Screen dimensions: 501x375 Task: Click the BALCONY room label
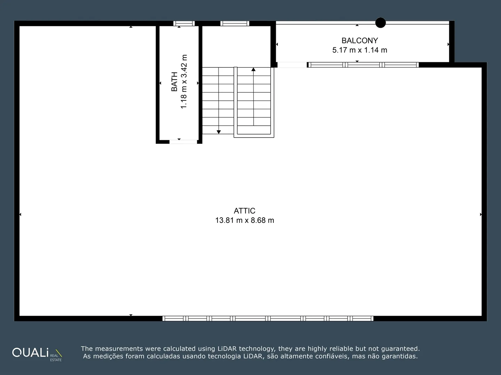(360, 41)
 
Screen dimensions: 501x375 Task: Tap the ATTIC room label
(245, 211)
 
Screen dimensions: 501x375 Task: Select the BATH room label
(174, 82)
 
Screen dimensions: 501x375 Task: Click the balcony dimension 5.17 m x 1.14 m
(360, 50)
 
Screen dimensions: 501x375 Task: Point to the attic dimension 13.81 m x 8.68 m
(245, 220)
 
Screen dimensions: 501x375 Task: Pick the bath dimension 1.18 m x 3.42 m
(184, 82)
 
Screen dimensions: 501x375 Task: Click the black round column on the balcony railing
(381, 23)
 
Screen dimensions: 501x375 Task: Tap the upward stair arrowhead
(253, 69)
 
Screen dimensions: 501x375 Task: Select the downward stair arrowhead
(218, 132)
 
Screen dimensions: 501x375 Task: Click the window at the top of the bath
(184, 23)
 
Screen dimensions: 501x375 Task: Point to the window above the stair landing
(234, 23)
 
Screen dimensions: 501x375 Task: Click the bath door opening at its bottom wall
(183, 142)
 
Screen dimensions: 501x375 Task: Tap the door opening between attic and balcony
(292, 65)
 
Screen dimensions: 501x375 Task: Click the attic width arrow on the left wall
(20, 215)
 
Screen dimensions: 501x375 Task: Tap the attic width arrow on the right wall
(481, 215)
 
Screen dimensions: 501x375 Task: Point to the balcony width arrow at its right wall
(448, 44)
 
